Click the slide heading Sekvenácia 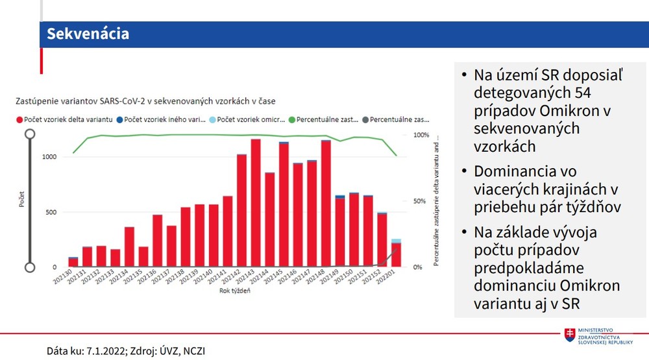pos(88,34)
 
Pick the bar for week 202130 pos(73,262)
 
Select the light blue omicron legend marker pos(212,120)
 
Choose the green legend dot pos(292,120)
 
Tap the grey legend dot pos(365,120)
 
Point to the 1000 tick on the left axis pos(50,157)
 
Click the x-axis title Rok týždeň pos(235,291)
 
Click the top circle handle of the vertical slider pos(29,134)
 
